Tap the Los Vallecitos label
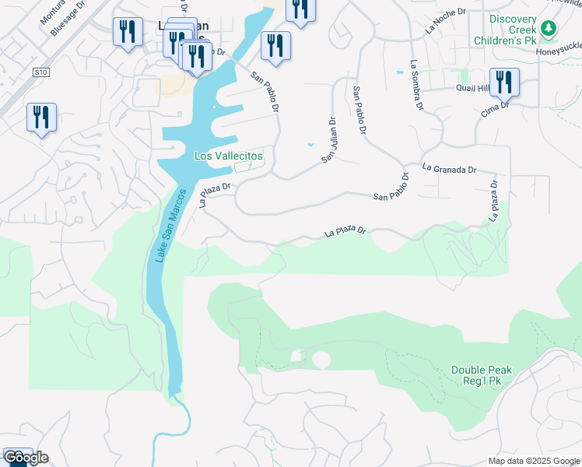coord(228,156)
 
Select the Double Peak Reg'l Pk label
coord(482,376)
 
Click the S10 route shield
coord(41,72)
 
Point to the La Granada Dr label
coord(449,168)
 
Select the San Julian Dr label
coord(329,140)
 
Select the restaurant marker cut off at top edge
coord(300,9)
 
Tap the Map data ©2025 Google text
coord(534,461)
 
